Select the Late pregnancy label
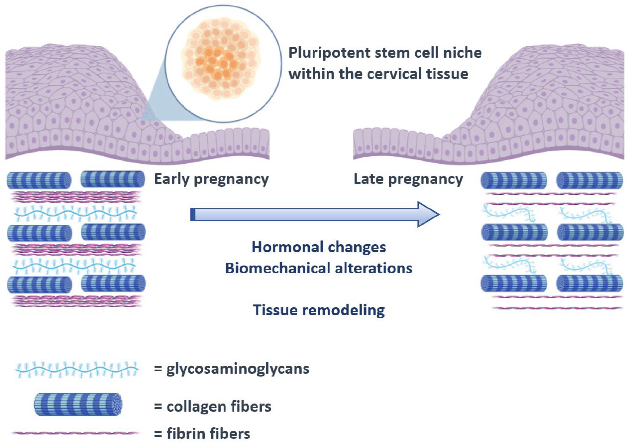(408, 179)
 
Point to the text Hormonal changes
(319, 247)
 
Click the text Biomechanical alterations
(319, 268)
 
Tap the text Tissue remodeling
(319, 310)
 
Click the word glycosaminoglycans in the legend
(238, 369)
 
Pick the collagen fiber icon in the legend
(78, 405)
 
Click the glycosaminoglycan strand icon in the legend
(77, 370)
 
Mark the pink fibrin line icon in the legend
(75, 433)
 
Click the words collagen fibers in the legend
(219, 406)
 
